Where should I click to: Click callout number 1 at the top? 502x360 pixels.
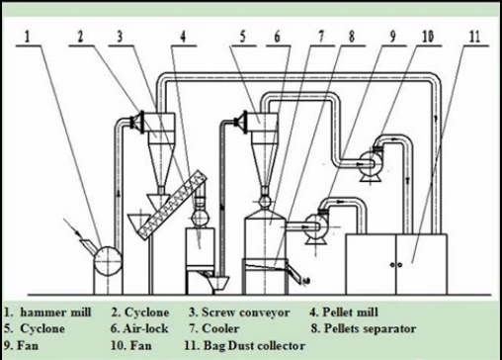[28, 37]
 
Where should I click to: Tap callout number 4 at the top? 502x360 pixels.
[183, 37]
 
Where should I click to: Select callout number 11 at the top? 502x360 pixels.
[474, 37]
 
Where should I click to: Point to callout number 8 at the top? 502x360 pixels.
[352, 37]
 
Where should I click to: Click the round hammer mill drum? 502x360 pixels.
[108, 261]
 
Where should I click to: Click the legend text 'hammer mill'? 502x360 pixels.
[55, 313]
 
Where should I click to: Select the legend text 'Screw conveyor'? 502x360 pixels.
[246, 313]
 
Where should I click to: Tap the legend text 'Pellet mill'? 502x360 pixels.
[350, 313]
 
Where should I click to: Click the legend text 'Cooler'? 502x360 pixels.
[220, 328]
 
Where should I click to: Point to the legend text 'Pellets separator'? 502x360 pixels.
[370, 328]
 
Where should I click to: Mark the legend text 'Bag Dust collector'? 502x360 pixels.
[254, 345]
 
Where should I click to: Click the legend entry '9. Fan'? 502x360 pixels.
[22, 345]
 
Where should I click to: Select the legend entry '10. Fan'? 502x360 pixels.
[131, 345]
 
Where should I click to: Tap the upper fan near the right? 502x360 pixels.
[371, 164]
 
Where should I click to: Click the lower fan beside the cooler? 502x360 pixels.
[315, 226]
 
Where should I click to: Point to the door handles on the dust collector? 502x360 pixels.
[395, 265]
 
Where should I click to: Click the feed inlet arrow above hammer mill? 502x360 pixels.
[72, 226]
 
